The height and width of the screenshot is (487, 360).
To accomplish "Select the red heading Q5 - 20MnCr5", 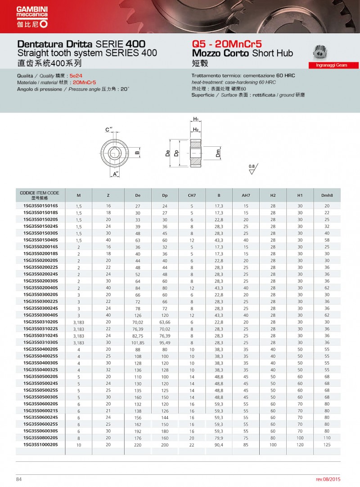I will (226, 44).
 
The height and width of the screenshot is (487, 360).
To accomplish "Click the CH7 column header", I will (192, 195).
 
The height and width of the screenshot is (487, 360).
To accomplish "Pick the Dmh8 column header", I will (327, 195).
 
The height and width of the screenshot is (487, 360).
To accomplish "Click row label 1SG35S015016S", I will (40, 206).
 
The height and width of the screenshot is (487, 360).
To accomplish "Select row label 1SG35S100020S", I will (40, 444).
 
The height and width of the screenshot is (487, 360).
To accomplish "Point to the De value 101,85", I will (138, 343).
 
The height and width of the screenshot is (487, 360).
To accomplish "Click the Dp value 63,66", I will (165, 322).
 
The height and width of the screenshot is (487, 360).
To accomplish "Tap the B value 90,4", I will (219, 444).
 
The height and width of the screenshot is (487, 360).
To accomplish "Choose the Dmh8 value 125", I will (327, 444).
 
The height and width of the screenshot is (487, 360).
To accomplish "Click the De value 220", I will (138, 444).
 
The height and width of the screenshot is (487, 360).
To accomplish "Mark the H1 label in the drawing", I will (196, 119).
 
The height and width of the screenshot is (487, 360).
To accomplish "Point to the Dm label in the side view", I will (218, 153).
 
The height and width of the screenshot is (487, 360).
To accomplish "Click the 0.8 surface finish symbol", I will (252, 170).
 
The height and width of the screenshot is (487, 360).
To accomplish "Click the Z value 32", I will (108, 370).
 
